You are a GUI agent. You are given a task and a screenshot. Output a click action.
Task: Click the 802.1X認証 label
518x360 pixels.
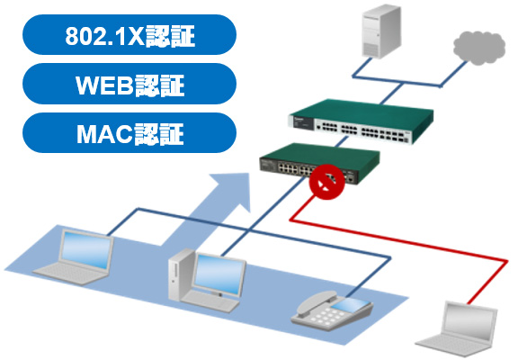click(129, 35)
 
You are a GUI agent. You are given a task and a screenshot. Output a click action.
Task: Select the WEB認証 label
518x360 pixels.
click(129, 85)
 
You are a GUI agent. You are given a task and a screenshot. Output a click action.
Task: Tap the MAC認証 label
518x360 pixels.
click(129, 133)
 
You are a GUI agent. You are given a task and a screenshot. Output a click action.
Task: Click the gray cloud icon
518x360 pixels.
click(479, 48)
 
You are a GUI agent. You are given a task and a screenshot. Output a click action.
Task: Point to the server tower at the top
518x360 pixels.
click(381, 31)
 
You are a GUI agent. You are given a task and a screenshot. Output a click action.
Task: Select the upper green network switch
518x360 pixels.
click(362, 121)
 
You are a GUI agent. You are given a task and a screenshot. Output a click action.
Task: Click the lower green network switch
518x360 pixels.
click(319, 163)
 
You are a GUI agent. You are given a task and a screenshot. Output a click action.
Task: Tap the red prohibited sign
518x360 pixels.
click(326, 182)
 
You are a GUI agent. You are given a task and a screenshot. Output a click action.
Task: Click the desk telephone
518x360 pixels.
click(332, 310)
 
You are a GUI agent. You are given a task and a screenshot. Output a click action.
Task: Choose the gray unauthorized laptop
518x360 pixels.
click(456, 328)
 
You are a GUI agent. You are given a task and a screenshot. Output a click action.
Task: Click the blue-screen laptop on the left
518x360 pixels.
click(74, 256)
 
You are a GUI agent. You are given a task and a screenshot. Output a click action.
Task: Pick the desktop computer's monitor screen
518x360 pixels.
click(219, 274)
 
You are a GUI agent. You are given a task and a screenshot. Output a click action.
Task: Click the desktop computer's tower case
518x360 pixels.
click(181, 275)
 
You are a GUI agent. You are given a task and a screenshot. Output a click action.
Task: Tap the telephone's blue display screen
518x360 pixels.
click(350, 304)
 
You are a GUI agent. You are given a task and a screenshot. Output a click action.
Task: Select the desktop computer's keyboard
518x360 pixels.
click(210, 301)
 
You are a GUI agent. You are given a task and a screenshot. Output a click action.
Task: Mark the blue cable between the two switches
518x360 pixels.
click(342, 141)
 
